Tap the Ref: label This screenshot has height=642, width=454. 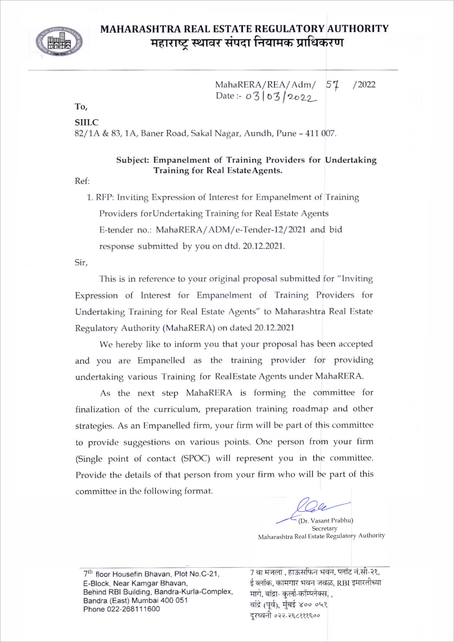click(82, 181)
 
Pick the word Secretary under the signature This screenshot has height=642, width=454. click(324, 528)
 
